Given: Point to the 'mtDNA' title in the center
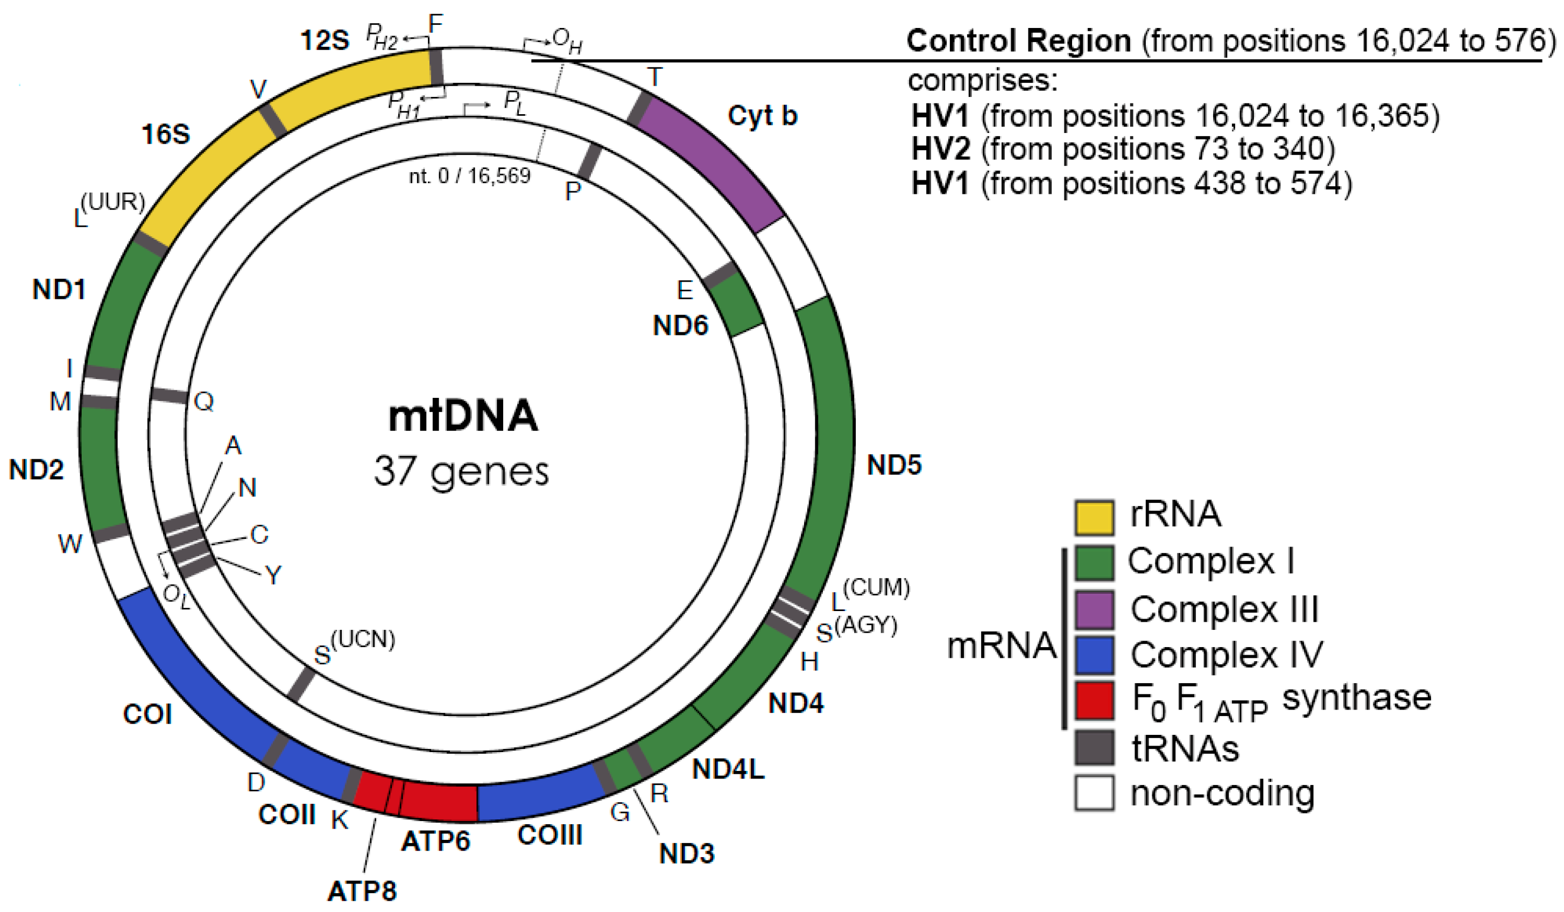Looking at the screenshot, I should click(463, 416).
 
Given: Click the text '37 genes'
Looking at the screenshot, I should click(461, 472).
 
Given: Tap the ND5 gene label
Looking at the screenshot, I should click(894, 465).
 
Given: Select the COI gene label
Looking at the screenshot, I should click(147, 714).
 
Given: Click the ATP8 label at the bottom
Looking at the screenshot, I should click(362, 892).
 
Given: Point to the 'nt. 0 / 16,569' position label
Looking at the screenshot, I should click(469, 176).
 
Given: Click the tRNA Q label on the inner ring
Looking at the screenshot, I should click(204, 402).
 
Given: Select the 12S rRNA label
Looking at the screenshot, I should click(325, 40).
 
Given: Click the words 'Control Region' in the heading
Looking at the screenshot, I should click(1018, 41).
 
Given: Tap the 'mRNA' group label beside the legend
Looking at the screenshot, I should click(1001, 646).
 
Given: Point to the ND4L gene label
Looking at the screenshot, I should click(728, 769).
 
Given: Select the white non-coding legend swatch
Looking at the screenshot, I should click(1094, 793).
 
